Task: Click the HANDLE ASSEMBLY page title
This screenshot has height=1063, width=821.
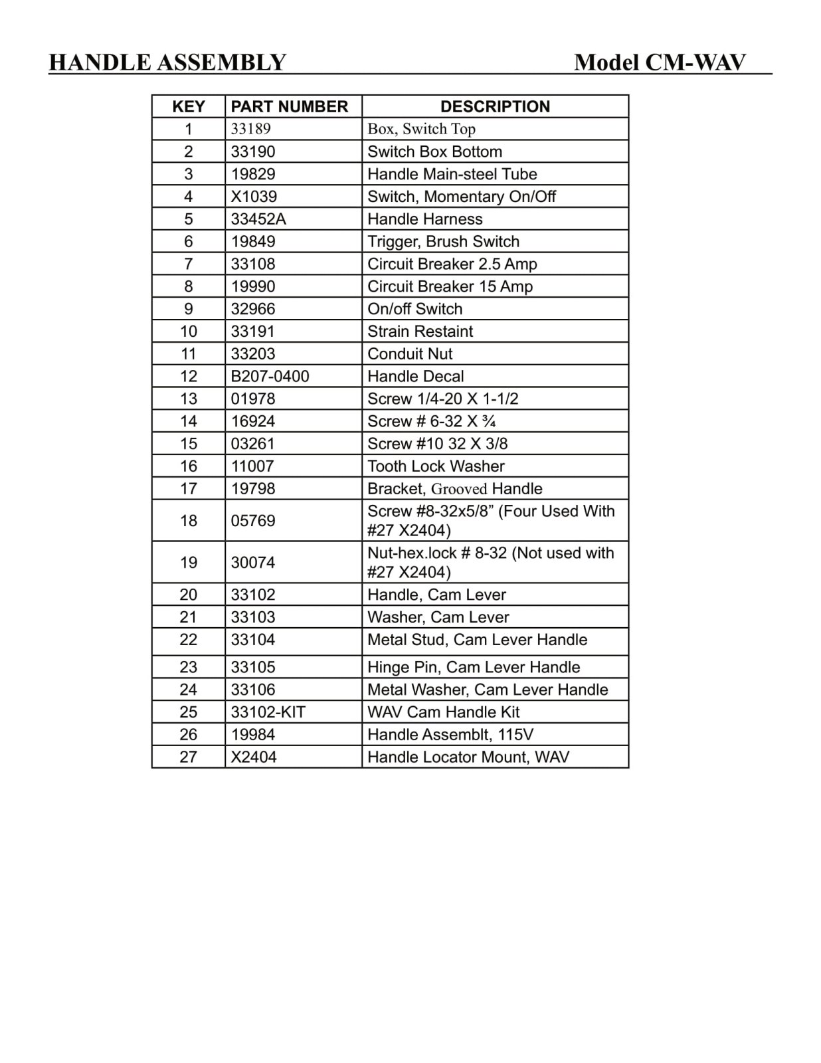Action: pos(167,62)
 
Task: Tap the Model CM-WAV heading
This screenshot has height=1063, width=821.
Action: pos(660,62)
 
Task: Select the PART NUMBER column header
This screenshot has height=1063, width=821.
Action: pos(289,106)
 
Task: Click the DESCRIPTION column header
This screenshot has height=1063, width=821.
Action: pos(495,106)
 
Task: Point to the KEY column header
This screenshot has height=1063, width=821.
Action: pos(189,106)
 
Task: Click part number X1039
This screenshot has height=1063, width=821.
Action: pos(254,197)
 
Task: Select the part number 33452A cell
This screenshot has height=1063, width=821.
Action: pos(258,219)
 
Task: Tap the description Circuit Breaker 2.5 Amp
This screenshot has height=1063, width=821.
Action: pos(452,264)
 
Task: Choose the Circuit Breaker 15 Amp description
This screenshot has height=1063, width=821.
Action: pos(450,286)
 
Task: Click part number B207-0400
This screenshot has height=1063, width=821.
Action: pos(270,376)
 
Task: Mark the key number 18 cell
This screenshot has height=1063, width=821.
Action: pos(189,520)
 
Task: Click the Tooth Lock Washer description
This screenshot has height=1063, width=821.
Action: pos(436,466)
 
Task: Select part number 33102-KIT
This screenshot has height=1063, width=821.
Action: pos(268,712)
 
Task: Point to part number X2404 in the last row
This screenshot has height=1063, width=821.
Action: pos(254,757)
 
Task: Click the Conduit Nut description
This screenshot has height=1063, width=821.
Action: pos(410,353)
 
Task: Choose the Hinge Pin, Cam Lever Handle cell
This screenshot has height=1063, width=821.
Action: pos(474,667)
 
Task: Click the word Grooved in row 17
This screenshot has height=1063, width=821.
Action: pos(459,489)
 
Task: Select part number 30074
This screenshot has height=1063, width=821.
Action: pos(252,562)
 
